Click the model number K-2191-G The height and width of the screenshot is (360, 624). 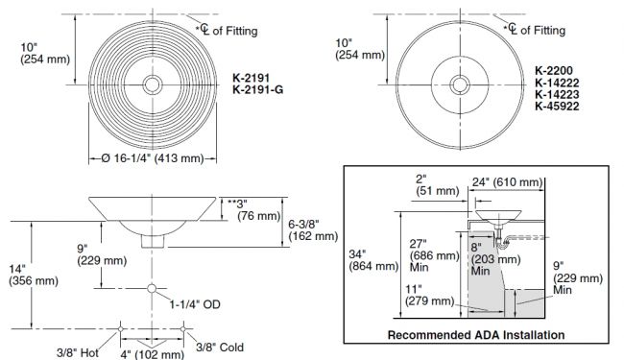coord(258,90)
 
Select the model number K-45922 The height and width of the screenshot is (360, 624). coord(557,107)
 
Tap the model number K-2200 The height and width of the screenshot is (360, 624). coord(554,71)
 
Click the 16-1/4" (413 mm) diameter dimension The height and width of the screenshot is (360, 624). coord(153,158)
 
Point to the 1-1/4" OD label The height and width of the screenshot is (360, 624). coord(195,304)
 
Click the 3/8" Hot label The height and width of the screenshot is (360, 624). coord(77,352)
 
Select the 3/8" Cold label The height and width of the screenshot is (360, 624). coord(220,348)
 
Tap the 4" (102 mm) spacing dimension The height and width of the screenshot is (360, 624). coord(153,354)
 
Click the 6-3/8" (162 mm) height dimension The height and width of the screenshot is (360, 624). coord(313,230)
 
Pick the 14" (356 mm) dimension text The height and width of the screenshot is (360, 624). coord(34,275)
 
